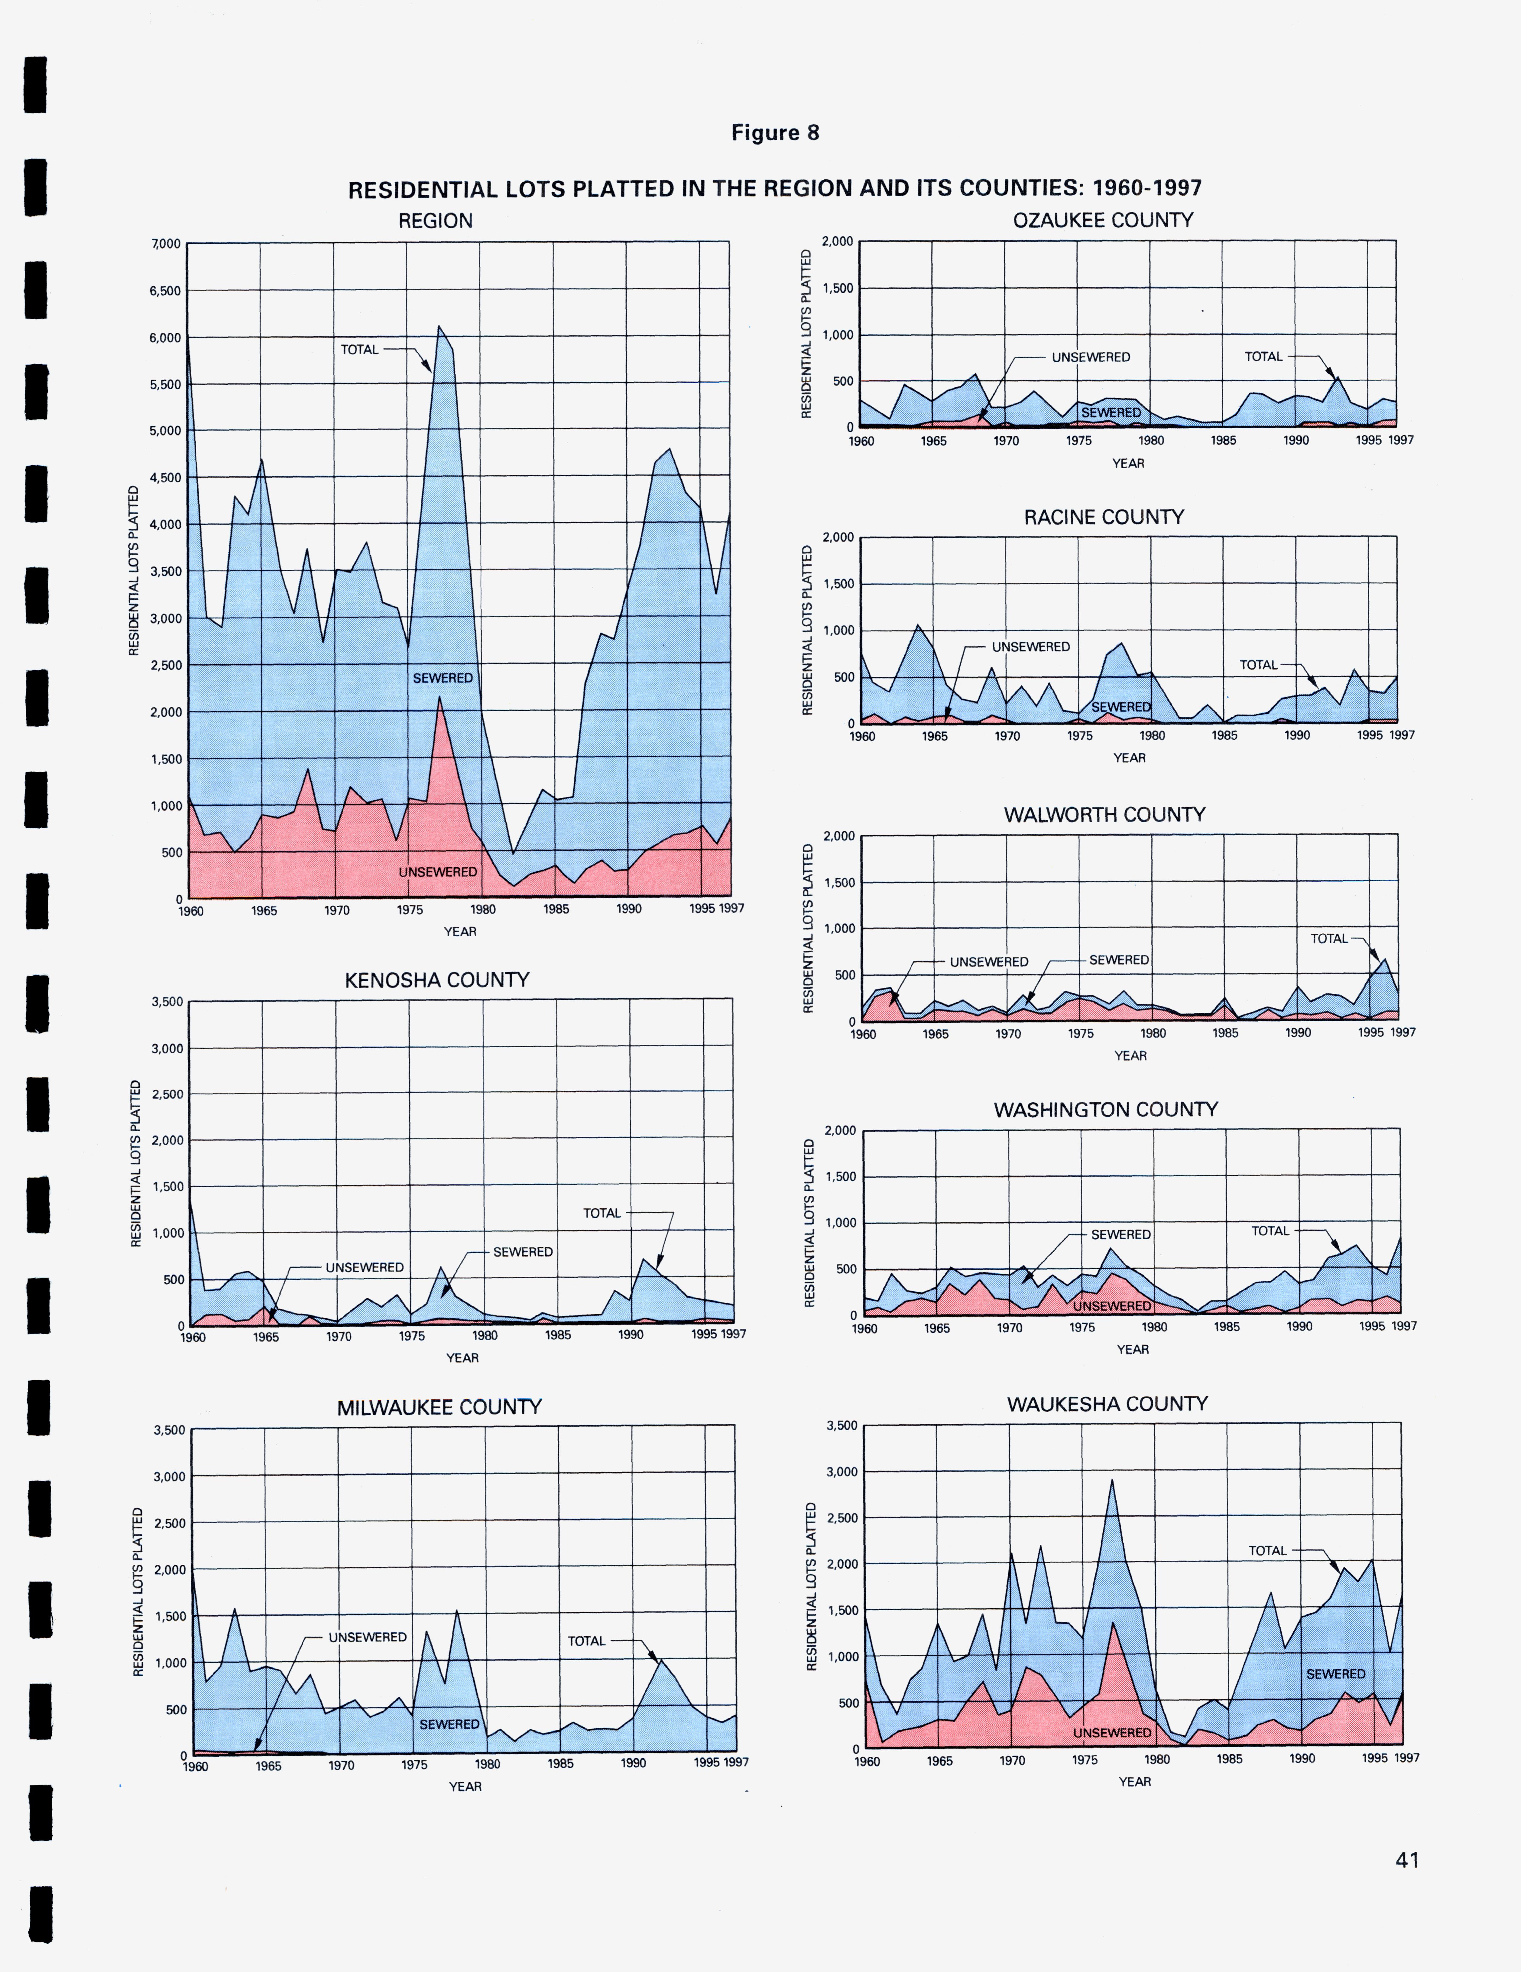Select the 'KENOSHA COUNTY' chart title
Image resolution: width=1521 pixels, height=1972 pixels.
pyautogui.click(x=437, y=980)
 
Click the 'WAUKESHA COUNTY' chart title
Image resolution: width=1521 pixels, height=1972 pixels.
pyautogui.click(x=1107, y=1404)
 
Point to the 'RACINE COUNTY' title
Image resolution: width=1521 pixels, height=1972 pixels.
pyautogui.click(x=1103, y=517)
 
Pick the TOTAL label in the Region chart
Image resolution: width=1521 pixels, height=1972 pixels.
pyautogui.click(x=359, y=350)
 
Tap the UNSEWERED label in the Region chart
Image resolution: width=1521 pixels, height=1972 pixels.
pyautogui.click(x=438, y=872)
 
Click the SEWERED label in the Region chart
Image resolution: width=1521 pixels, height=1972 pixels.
pyautogui.click(x=442, y=678)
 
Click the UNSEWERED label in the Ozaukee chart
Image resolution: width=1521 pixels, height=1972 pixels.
pyautogui.click(x=1091, y=357)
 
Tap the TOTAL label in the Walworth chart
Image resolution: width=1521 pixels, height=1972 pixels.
pyautogui.click(x=1329, y=939)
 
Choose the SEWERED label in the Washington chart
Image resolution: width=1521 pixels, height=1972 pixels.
pyautogui.click(x=1120, y=1234)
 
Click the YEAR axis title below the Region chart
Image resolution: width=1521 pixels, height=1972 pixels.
pyautogui.click(x=459, y=932)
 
